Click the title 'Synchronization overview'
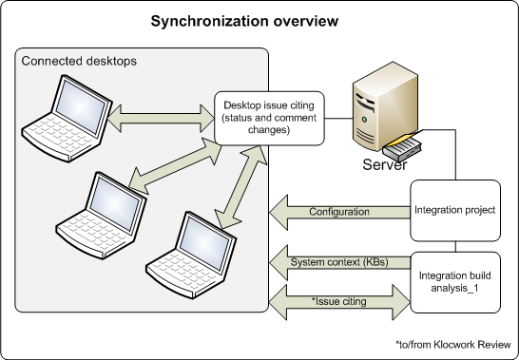(x=259, y=21)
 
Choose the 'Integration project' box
(x=454, y=210)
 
